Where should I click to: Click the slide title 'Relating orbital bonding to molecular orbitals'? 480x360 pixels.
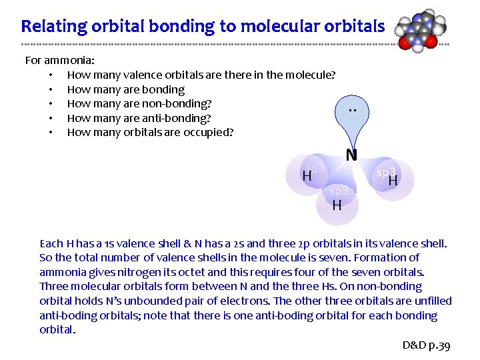pos(203,26)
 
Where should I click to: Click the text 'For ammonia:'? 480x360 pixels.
pos(59,61)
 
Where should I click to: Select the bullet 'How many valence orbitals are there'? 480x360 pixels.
pos(201,75)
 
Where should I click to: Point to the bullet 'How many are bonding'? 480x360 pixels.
pos(125,89)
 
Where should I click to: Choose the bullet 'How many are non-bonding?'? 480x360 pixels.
pos(139,103)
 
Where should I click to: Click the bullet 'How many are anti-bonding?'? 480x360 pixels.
pos(139,118)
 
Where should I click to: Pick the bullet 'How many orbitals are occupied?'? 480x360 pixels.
pos(150,132)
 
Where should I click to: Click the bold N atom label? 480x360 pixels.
pos(351,155)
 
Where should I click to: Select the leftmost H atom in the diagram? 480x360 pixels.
pos(307,177)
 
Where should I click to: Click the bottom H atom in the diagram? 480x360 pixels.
pos(337,205)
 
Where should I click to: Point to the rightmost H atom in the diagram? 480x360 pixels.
pos(393,181)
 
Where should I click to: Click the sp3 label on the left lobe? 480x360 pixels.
pos(315,168)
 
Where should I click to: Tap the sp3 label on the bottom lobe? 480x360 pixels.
pos(337,191)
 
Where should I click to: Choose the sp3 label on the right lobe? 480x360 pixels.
pos(386,172)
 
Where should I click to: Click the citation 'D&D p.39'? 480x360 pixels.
pos(427,345)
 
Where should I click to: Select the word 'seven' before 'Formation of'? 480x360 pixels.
pos(332,257)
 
